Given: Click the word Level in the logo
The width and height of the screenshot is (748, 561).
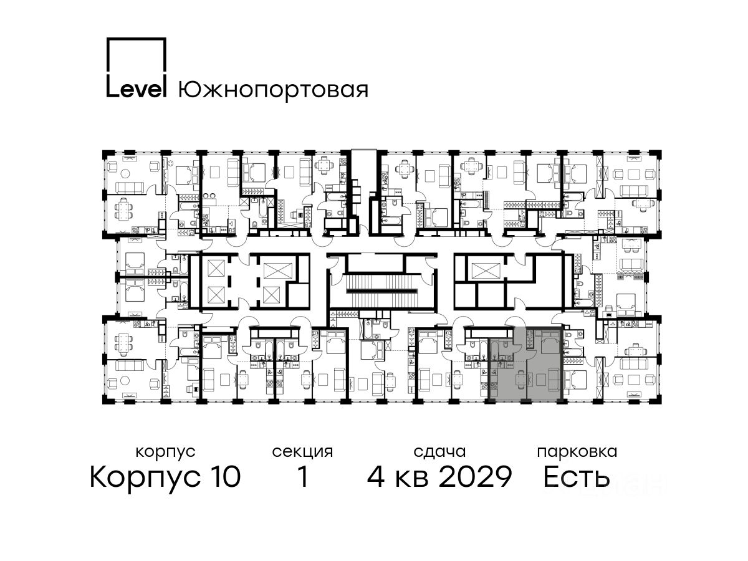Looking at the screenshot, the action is [x=137, y=89].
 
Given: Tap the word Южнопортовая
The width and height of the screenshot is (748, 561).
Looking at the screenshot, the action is [x=273, y=90].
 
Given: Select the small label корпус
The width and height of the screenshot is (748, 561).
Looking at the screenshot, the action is [x=165, y=453].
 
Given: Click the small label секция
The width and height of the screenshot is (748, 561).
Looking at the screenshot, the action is [x=302, y=453].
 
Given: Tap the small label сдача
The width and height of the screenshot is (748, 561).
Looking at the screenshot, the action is [x=439, y=453].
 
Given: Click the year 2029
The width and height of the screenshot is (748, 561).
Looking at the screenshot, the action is [x=475, y=476].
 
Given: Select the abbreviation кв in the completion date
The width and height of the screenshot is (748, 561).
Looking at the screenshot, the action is [x=411, y=479].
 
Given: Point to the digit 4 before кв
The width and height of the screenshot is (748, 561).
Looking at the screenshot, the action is [x=376, y=476].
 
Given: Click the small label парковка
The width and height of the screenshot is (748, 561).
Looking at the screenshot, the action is [x=577, y=453].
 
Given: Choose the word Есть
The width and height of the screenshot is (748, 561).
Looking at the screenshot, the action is [x=576, y=476].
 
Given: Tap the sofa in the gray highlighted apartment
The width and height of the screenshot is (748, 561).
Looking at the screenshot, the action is [x=554, y=380].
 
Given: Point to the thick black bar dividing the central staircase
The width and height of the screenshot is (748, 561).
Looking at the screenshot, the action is [x=382, y=291].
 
